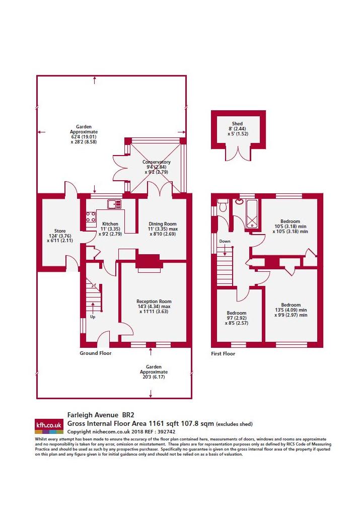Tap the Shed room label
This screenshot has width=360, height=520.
(237, 124)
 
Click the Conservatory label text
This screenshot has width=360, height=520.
(156, 162)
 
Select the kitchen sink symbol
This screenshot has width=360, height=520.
(114, 204)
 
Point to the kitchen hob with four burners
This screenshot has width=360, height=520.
(91, 217)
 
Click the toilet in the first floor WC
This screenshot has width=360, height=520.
(223, 204)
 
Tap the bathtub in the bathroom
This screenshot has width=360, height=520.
(252, 214)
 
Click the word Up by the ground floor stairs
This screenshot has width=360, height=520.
(93, 317)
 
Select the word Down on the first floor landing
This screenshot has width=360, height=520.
(225, 241)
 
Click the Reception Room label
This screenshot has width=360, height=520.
(154, 302)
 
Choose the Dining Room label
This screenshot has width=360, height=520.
(163, 224)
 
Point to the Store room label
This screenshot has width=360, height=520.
(60, 231)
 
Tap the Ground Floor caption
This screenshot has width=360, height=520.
(96, 353)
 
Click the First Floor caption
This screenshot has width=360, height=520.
(223, 354)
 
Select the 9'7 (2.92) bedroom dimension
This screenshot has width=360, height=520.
(237, 318)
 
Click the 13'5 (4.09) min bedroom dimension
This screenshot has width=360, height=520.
(291, 310)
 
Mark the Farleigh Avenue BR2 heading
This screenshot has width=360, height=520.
(101, 415)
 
